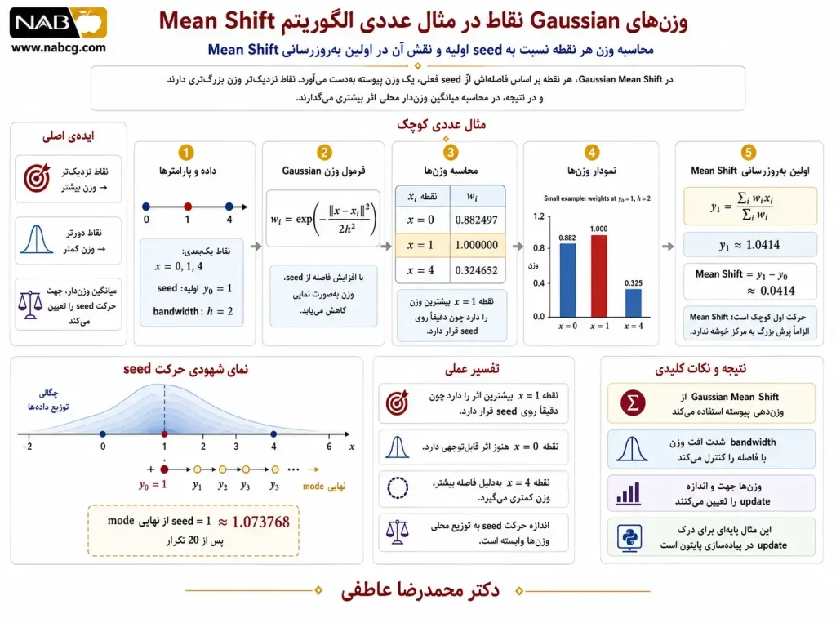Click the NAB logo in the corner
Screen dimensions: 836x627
[x=58, y=22]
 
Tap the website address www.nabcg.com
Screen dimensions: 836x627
[x=58, y=47]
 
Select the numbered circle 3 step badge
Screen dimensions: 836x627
[x=451, y=153]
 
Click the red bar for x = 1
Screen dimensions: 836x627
[x=598, y=276]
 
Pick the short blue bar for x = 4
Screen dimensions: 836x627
[x=634, y=303]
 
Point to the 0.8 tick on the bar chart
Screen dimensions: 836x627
[x=539, y=248]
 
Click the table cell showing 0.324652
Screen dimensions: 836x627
[x=476, y=270]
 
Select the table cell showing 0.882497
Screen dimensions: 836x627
[x=476, y=220]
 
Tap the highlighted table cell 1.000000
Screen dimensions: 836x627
[x=476, y=245]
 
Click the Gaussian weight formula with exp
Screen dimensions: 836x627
[x=323, y=219]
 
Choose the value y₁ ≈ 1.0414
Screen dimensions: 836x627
[x=749, y=245]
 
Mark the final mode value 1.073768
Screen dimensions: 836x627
[x=260, y=522]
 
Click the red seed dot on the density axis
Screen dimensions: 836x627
[x=164, y=434]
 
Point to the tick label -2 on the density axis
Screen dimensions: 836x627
[x=27, y=447]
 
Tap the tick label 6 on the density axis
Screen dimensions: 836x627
[x=329, y=447]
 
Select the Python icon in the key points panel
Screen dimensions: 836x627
[x=629, y=537]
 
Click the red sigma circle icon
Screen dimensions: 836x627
[x=633, y=403]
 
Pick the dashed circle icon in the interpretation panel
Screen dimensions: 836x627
[x=398, y=487]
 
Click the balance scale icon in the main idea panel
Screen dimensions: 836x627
[x=30, y=305]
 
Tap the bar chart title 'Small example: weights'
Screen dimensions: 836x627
[x=597, y=198]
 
